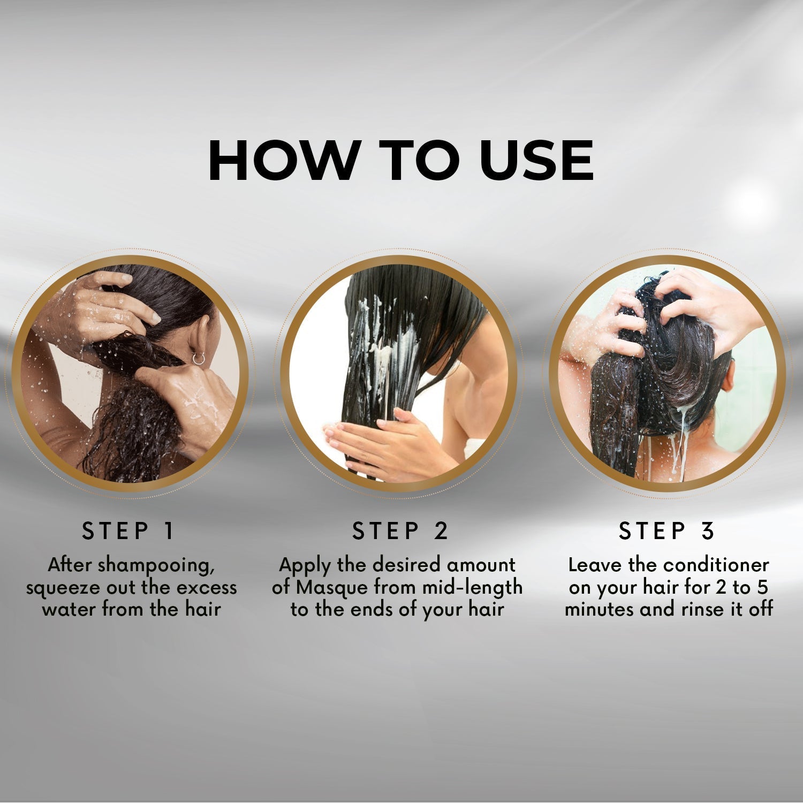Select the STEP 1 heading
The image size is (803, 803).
click(128, 531)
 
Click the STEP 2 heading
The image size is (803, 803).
click(400, 531)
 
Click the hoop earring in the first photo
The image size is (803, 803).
click(199, 359)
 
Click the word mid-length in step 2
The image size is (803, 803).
click(472, 588)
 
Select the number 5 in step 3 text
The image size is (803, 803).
click(762, 588)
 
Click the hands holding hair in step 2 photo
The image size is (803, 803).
click(375, 439)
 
